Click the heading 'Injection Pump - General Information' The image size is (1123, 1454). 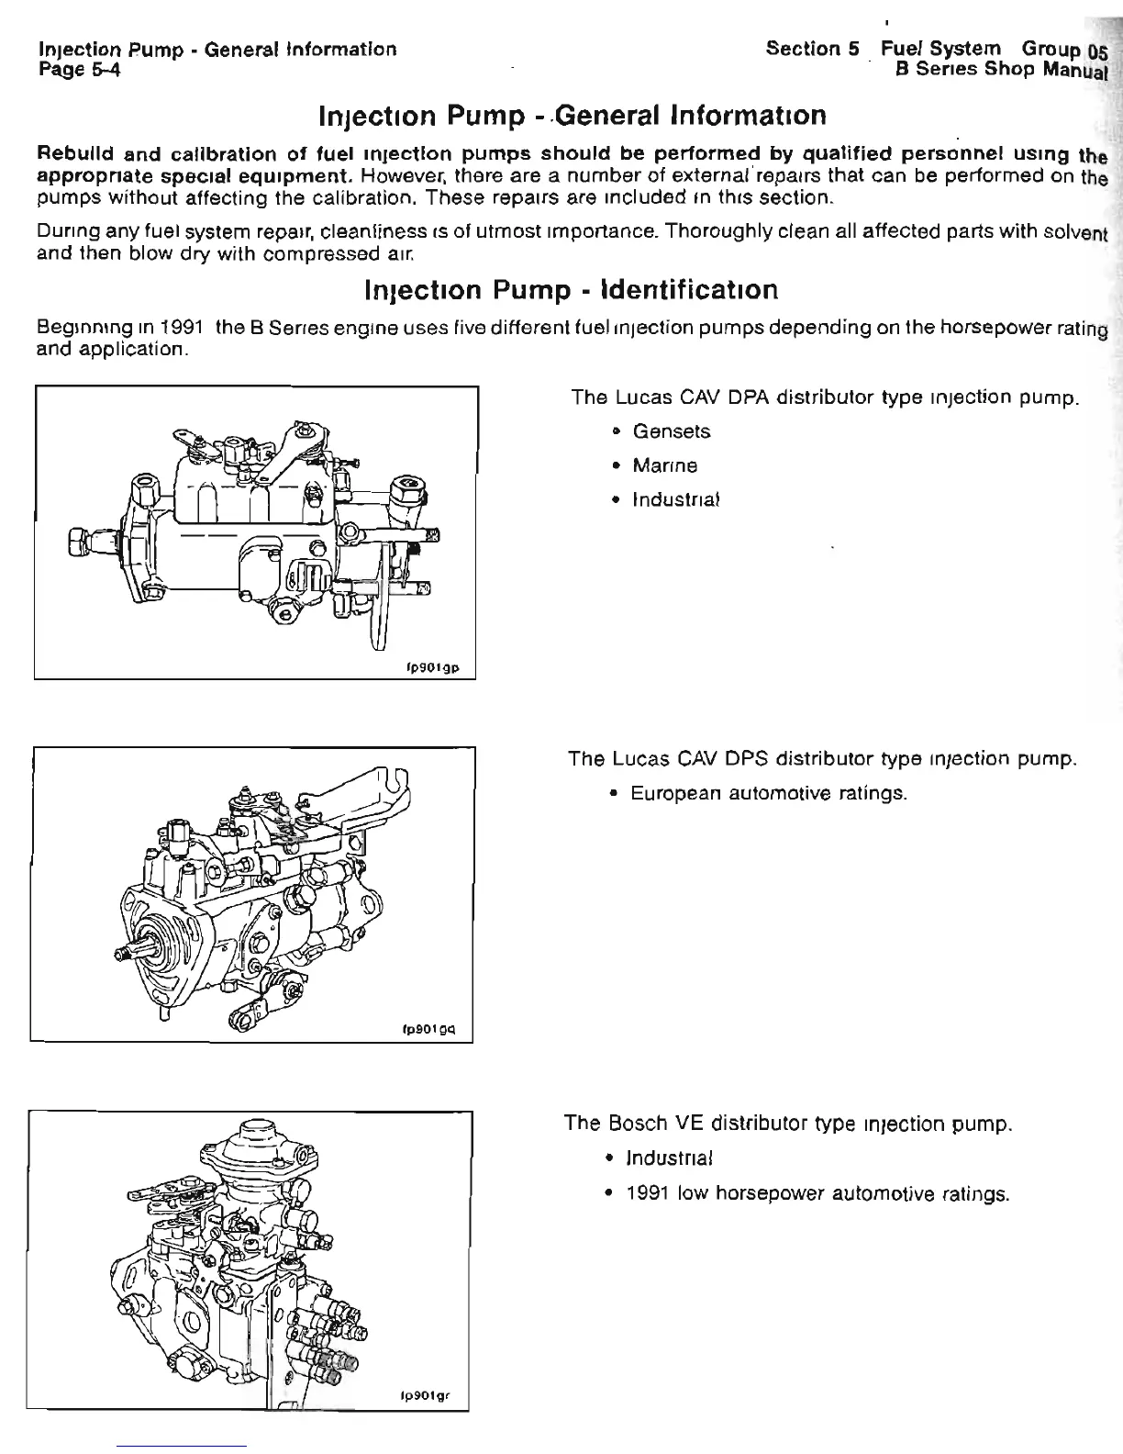[x=572, y=117]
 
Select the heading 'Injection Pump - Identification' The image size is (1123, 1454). [x=571, y=290]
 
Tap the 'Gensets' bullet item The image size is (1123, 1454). [x=672, y=431]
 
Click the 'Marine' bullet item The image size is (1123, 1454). [x=665, y=465]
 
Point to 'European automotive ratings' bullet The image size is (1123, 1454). [x=769, y=792]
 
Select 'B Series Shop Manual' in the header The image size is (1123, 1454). [x=1002, y=69]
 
